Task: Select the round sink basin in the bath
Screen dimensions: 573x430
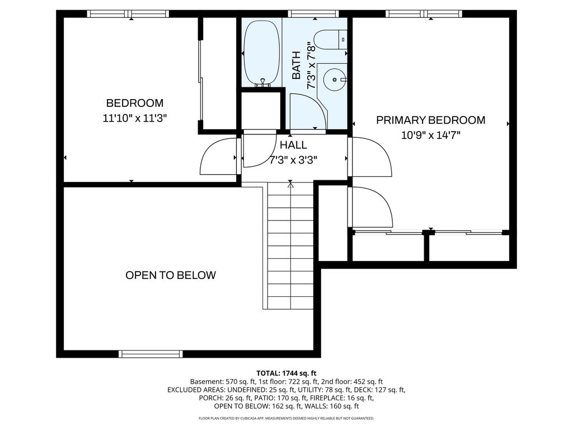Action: pyautogui.click(x=335, y=80)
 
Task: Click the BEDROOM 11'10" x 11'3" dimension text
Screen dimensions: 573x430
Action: pyautogui.click(x=134, y=118)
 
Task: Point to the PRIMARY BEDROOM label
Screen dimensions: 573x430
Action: pyautogui.click(x=431, y=120)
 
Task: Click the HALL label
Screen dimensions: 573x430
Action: pyautogui.click(x=293, y=145)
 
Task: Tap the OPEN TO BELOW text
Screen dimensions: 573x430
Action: pyautogui.click(x=171, y=275)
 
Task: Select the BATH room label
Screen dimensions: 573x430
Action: pyautogui.click(x=297, y=66)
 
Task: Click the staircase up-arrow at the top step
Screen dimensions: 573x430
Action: pyautogui.click(x=290, y=185)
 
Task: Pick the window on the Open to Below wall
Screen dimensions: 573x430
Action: pyautogui.click(x=151, y=354)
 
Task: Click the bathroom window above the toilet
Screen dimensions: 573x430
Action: pyautogui.click(x=313, y=14)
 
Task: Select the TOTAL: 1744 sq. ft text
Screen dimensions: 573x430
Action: pyautogui.click(x=286, y=373)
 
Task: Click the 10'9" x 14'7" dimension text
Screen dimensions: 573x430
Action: pyautogui.click(x=431, y=135)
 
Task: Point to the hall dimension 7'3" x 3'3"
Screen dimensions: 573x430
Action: pyautogui.click(x=293, y=160)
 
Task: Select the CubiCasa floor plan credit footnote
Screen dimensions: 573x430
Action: pyautogui.click(x=286, y=418)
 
